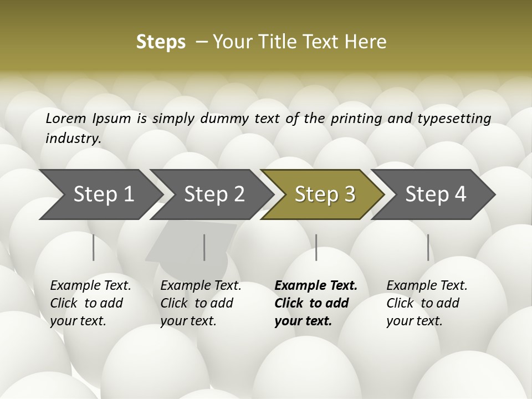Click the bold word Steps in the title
pos(161,42)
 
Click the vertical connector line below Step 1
pos(94,247)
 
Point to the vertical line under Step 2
pos(204,247)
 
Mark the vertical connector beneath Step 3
pos(316,247)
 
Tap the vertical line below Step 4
pos(428,247)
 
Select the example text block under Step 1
pos(90,303)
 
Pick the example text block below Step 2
pos(200,303)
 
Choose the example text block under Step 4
pos(426,303)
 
